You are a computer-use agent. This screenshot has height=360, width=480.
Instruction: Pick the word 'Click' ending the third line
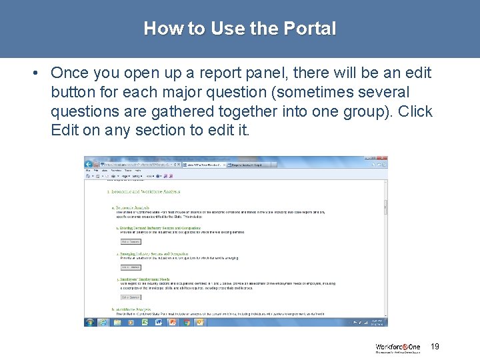pyautogui.click(x=415, y=111)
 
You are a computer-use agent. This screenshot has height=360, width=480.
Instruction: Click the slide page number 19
pyautogui.click(x=435, y=346)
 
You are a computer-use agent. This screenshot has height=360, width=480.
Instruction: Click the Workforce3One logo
pyautogui.click(x=399, y=347)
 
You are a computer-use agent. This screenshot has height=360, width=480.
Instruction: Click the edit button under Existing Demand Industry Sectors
pyautogui.click(x=130, y=241)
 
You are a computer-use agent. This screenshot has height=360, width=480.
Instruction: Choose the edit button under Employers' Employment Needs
pyautogui.click(x=130, y=297)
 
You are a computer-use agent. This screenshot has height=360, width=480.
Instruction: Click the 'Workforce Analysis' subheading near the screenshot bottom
pyautogui.click(x=133, y=309)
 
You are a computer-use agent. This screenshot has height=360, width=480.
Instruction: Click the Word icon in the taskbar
pyautogui.click(x=159, y=322)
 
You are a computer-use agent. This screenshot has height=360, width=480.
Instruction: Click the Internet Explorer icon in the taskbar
pyautogui.click(x=103, y=322)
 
